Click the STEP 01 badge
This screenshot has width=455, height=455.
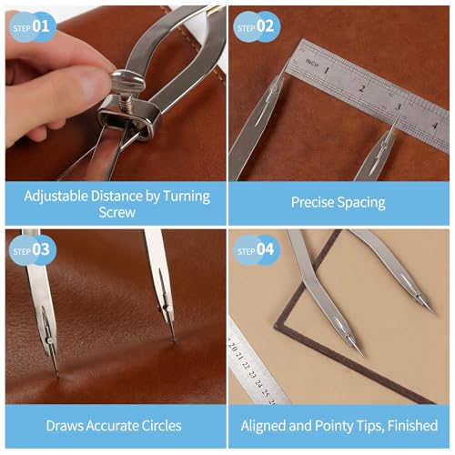pos(33,26)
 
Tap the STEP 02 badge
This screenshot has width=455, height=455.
pos(257,26)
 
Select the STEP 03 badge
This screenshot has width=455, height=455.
pos(33,250)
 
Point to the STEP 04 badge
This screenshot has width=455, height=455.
pos(257,250)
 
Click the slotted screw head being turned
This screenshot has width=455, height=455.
pos(126,82)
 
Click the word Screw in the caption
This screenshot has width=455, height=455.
pos(116,212)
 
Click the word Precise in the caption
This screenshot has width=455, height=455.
pos(312,202)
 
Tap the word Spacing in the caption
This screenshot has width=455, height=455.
pos(361,203)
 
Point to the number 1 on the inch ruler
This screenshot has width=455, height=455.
pos(327,70)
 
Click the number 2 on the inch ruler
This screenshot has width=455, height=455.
pos(362,89)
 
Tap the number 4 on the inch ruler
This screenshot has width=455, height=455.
pos(435,125)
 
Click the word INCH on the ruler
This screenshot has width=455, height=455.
pos(312,63)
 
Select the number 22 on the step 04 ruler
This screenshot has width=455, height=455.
pos(246,366)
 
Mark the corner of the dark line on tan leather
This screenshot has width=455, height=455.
pos(276,328)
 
